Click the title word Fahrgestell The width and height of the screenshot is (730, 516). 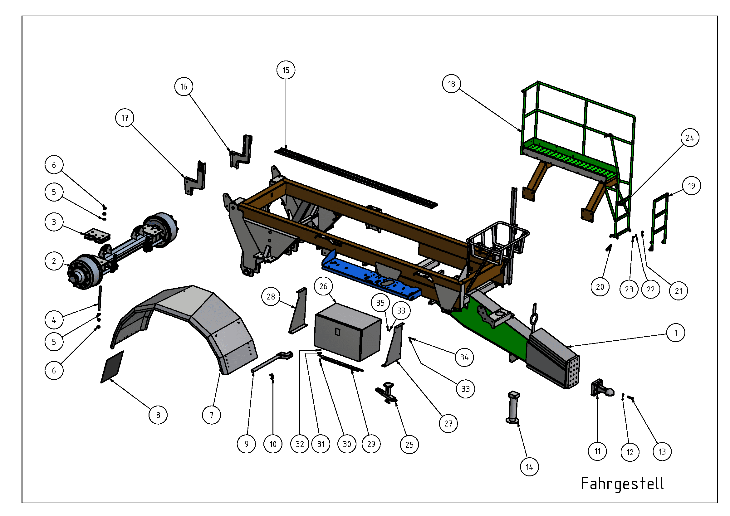pyautogui.click(x=622, y=484)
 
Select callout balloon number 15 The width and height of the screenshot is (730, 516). pyautogui.click(x=286, y=70)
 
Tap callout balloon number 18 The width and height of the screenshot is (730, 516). pyautogui.click(x=452, y=84)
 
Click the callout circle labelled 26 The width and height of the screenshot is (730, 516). pyautogui.click(x=323, y=286)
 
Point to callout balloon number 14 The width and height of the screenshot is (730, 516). pyautogui.click(x=529, y=467)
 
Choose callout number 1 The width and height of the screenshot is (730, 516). pyautogui.click(x=676, y=333)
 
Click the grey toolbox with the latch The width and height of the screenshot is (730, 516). pyautogui.click(x=347, y=332)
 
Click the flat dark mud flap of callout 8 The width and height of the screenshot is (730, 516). pyautogui.click(x=112, y=367)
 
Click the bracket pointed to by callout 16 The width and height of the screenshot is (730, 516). pyautogui.click(x=241, y=152)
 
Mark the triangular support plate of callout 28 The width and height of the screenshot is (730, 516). pyautogui.click(x=299, y=311)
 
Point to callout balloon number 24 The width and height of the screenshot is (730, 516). pyautogui.click(x=690, y=138)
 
